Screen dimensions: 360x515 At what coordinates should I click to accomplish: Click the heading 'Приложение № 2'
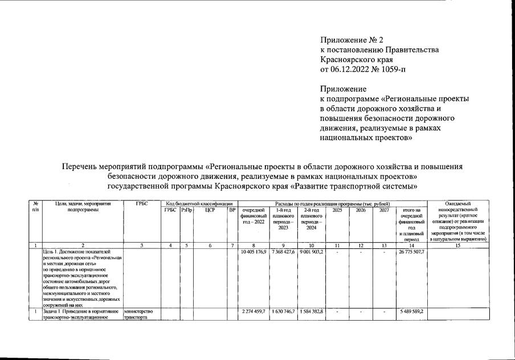coord(349,40)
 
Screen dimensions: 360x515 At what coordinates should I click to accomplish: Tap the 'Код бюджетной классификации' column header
coord(199,203)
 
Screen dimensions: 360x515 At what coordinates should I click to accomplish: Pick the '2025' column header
coord(337,210)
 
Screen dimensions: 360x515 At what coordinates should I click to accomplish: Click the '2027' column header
coord(385,210)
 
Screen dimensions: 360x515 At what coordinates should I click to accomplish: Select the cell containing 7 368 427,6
coord(283,252)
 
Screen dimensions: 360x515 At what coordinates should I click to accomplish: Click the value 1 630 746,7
coord(283,311)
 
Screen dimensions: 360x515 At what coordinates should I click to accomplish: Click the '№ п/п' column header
coord(36,207)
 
